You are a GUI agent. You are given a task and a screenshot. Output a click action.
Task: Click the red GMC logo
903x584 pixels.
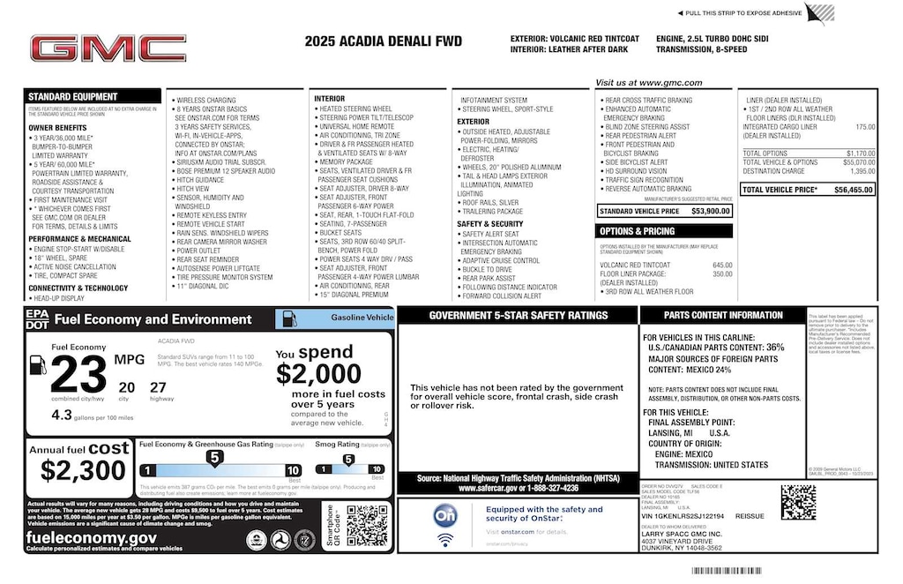[x=108, y=49]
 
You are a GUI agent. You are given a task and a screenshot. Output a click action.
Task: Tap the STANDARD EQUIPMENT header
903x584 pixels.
[x=72, y=97]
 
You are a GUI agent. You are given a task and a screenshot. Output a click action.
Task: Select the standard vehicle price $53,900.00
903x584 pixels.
[x=711, y=212]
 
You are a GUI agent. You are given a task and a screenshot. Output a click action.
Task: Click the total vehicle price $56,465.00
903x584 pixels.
[x=853, y=190]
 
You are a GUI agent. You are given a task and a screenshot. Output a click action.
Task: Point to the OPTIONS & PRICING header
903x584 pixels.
[x=637, y=231]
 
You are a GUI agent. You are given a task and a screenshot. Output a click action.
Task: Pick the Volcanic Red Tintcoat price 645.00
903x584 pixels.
[x=722, y=266]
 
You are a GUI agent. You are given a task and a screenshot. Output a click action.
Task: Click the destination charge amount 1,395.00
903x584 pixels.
[x=860, y=171]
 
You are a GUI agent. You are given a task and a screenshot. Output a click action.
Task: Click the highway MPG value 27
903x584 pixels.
[x=158, y=386]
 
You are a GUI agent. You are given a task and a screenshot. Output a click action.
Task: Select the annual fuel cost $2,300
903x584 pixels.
[x=83, y=470]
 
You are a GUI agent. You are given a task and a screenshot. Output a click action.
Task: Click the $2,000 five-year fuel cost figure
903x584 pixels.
[x=318, y=374]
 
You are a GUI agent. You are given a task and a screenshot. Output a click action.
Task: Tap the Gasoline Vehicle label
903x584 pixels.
[x=362, y=318]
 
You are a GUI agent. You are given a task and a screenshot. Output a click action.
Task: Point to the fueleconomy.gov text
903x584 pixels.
[x=92, y=537]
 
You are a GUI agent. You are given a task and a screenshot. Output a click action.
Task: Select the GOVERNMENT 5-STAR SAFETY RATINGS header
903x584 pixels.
[x=518, y=315]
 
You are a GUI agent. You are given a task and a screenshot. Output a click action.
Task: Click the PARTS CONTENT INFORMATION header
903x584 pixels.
[x=723, y=315]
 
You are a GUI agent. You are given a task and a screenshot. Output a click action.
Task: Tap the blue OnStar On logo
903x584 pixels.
[x=446, y=515]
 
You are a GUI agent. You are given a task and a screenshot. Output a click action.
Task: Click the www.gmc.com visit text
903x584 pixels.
[x=648, y=83]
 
